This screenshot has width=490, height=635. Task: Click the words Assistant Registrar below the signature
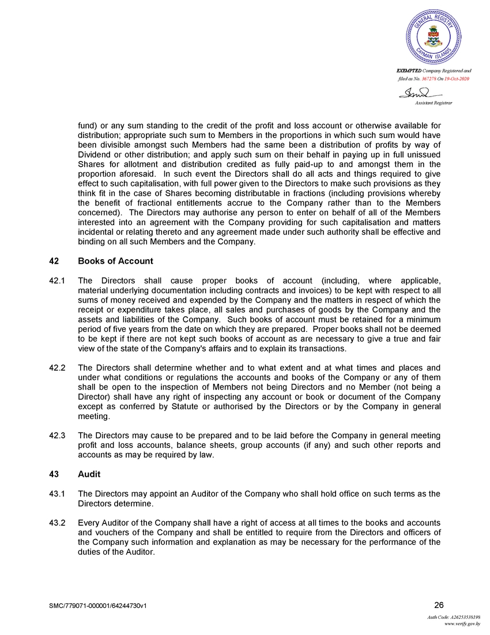(434, 102)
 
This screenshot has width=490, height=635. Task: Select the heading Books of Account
(115, 261)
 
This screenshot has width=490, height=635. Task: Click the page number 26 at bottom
(439, 605)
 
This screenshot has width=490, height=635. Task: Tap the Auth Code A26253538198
(454, 617)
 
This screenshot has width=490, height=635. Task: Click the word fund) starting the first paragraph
(88, 126)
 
